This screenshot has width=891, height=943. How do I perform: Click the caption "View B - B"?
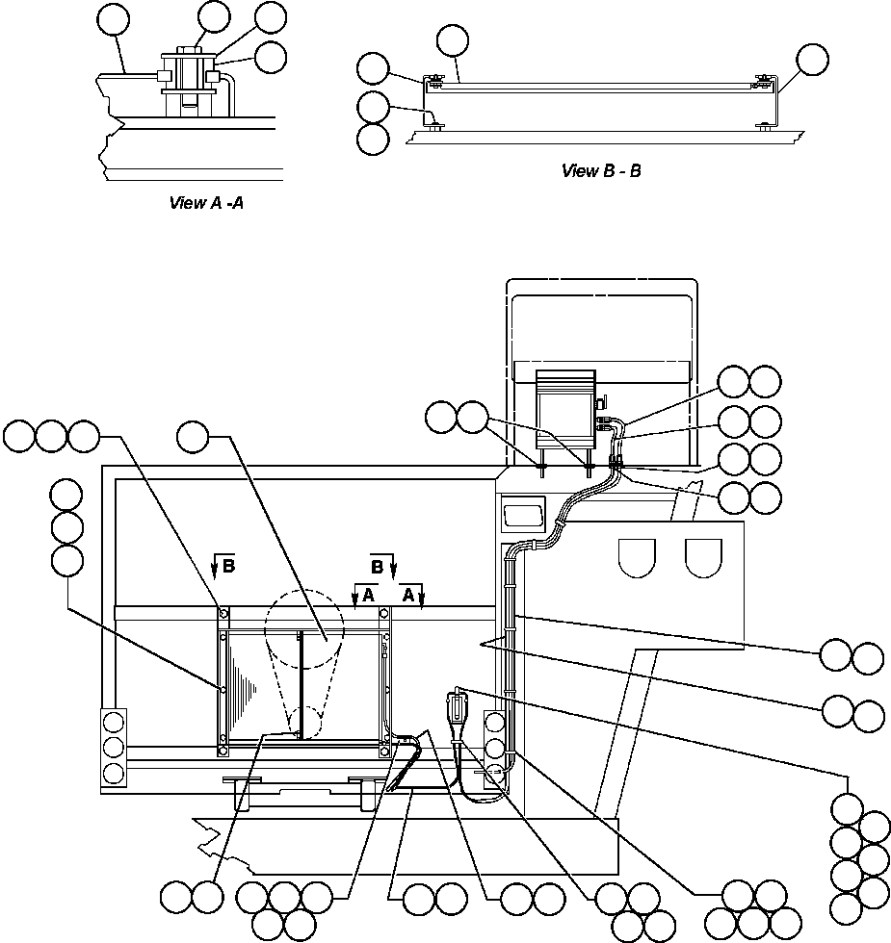601,171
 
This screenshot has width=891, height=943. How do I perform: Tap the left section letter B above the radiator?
228,567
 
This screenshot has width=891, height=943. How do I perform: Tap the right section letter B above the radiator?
378,564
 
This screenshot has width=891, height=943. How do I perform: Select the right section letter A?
408,596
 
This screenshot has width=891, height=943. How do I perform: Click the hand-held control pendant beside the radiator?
456,714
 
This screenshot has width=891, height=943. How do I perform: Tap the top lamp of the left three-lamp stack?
114,722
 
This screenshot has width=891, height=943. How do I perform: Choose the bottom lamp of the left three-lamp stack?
114,772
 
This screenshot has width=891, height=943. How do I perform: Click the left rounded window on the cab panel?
637,556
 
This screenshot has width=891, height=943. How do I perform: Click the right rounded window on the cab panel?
703,556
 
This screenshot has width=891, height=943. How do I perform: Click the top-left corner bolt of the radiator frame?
223,613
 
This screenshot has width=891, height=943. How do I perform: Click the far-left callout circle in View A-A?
115,19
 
